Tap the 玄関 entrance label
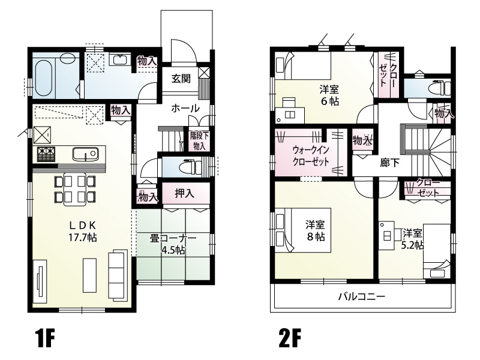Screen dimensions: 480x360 pos(181,79)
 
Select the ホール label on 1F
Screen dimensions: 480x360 pos(185,108)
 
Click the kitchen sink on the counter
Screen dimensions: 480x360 pos(85,154)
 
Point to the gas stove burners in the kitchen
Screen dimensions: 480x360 pos(46,154)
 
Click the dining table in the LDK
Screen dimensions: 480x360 pos(75,189)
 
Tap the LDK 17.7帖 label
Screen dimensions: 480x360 pos(82,232)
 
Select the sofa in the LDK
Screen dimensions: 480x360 pos(118,274)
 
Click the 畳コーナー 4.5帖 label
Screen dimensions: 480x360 pos(173,244)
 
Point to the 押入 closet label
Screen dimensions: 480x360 pos(184,193)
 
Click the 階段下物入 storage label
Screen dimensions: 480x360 pos(199,141)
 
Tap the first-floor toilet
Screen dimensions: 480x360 pos(190,167)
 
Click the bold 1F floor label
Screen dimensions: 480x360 pos(44,338)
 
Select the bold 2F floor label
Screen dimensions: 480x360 pos(289,338)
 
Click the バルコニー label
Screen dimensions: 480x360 pos(362,296)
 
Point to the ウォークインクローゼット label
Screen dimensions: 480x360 pos(311,155)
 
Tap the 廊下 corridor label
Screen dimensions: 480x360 pos(389,163)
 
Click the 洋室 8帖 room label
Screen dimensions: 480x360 pos(315,230)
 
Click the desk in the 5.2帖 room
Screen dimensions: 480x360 pos(386,236)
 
